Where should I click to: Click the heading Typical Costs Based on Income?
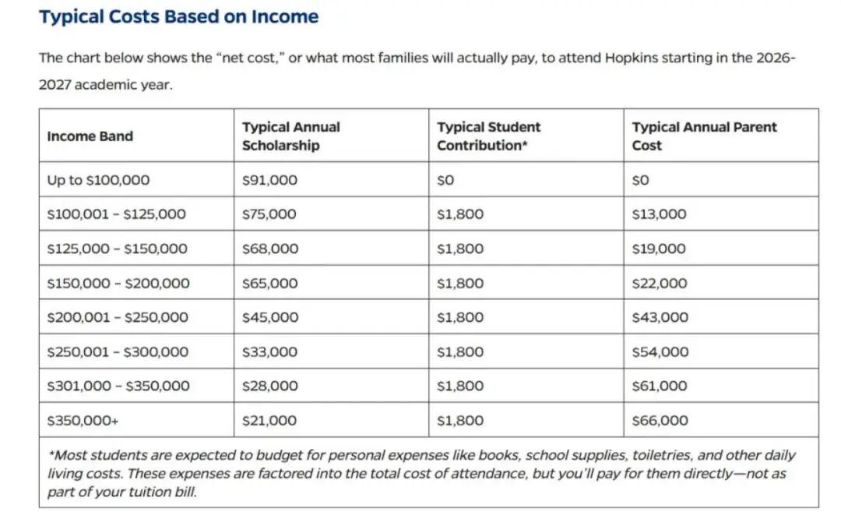click(178, 17)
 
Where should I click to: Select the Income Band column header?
click(90, 136)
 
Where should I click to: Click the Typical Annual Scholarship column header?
click(291, 136)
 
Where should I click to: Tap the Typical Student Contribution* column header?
click(488, 136)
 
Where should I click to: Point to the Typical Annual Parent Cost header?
click(704, 136)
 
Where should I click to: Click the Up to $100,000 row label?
click(98, 180)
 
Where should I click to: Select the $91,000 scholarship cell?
click(269, 180)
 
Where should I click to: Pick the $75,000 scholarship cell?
click(269, 214)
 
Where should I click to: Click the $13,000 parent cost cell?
click(659, 214)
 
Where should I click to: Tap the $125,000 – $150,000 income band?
click(117, 249)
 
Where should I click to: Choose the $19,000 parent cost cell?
click(659, 249)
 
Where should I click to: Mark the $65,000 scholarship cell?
click(269, 284)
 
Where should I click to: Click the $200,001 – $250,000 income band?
click(118, 318)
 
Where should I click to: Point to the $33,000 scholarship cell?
click(269, 352)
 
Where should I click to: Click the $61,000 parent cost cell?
click(660, 387)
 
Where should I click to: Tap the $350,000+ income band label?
click(83, 421)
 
